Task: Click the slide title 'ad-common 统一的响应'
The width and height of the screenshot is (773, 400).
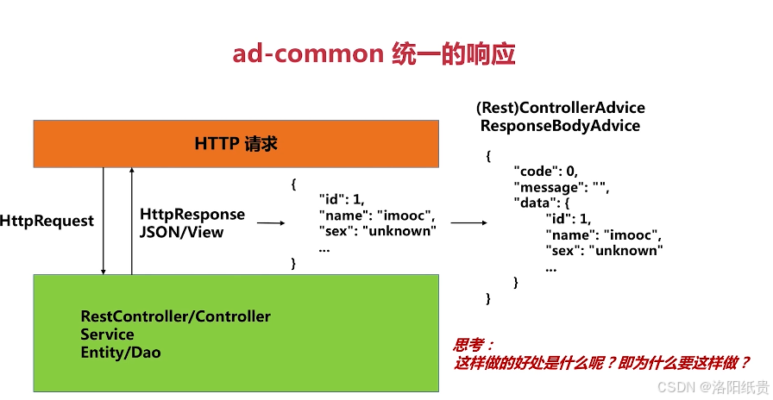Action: point(373,54)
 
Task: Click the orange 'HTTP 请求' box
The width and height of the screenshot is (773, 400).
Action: point(236,144)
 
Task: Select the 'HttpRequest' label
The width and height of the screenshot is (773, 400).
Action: point(47,221)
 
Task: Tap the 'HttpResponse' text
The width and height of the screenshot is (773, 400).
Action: point(192,214)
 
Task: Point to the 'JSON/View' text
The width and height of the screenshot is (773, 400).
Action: point(181,231)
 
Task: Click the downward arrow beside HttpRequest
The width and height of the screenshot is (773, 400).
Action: point(104,221)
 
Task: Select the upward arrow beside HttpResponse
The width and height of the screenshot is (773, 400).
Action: point(132,221)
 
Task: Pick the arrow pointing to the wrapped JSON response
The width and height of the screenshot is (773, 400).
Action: point(468,222)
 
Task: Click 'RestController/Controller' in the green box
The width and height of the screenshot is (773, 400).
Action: point(175,316)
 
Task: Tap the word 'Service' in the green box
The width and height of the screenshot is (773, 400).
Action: point(107,334)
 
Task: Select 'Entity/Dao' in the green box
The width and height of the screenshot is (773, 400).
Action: point(121,352)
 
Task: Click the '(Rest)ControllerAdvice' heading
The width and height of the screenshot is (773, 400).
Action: point(560,109)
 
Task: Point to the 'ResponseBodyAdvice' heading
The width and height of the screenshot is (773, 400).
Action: point(560,126)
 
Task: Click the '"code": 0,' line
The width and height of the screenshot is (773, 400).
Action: point(547,172)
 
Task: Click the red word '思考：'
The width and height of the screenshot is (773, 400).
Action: point(474,345)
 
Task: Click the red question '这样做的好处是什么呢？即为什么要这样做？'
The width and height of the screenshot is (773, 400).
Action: point(601,363)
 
